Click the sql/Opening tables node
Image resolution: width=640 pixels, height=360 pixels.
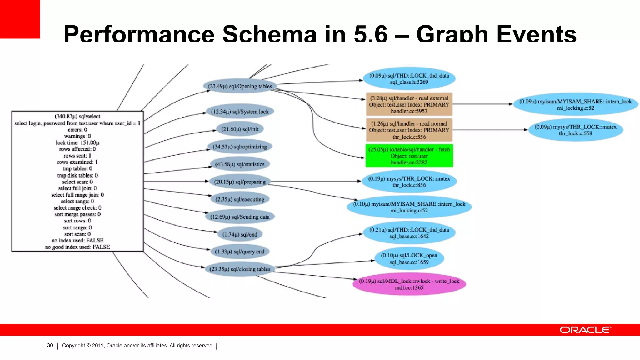tap(240, 86)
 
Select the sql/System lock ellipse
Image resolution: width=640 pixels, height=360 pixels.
tap(240, 112)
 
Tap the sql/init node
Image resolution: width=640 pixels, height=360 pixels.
tap(240, 129)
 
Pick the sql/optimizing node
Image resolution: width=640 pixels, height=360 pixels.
tap(240, 147)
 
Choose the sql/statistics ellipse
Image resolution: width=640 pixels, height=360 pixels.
tap(240, 164)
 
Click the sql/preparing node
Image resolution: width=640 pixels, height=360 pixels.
tap(240, 182)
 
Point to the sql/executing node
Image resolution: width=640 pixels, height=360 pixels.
tap(240, 199)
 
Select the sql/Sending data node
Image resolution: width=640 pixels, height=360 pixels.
tap(240, 217)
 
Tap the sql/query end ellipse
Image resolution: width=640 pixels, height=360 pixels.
tap(240, 252)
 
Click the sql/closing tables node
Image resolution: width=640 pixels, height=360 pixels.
tap(240, 269)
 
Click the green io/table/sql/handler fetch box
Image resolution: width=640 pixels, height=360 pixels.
tap(409, 156)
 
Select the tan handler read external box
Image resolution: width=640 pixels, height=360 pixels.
tap(409, 104)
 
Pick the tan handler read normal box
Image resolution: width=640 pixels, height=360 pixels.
tap(409, 130)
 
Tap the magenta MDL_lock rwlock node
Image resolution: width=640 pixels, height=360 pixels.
tap(409, 284)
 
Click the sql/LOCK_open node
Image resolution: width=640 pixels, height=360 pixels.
tap(409, 259)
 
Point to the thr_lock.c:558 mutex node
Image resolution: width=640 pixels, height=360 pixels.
tap(575, 130)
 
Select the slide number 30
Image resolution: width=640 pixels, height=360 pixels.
tap(50, 345)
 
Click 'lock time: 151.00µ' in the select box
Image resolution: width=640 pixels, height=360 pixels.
tap(77, 143)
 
